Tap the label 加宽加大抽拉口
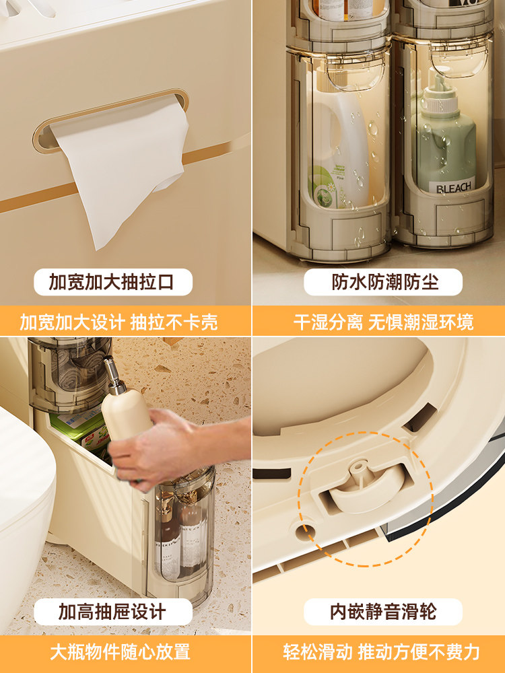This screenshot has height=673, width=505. point(113,282)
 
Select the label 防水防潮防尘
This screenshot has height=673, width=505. point(383,282)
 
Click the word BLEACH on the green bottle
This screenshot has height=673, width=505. point(448,187)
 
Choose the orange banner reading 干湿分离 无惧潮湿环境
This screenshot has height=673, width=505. point(378,322)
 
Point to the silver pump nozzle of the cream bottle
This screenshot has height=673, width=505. point(112,374)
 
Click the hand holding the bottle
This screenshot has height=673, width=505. point(172,446)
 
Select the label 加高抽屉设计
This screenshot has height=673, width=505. point(113,612)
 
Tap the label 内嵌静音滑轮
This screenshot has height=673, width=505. point(383,612)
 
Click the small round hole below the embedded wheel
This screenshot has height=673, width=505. point(305,532)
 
